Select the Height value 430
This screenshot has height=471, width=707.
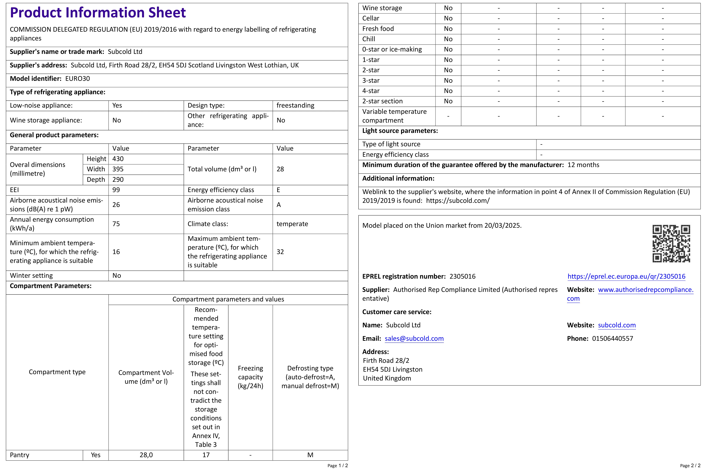(118, 159)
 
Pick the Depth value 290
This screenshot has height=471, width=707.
(118, 180)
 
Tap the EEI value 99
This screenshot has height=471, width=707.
(116, 190)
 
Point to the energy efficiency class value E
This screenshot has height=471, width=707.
(278, 190)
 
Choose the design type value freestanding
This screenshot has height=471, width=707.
(295, 105)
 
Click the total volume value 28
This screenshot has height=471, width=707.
(280, 169)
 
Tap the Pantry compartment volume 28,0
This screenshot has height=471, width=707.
(146, 455)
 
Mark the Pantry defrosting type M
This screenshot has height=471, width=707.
(310, 455)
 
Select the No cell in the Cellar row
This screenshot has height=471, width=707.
(448, 18)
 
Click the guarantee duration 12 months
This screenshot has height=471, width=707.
(583, 165)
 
